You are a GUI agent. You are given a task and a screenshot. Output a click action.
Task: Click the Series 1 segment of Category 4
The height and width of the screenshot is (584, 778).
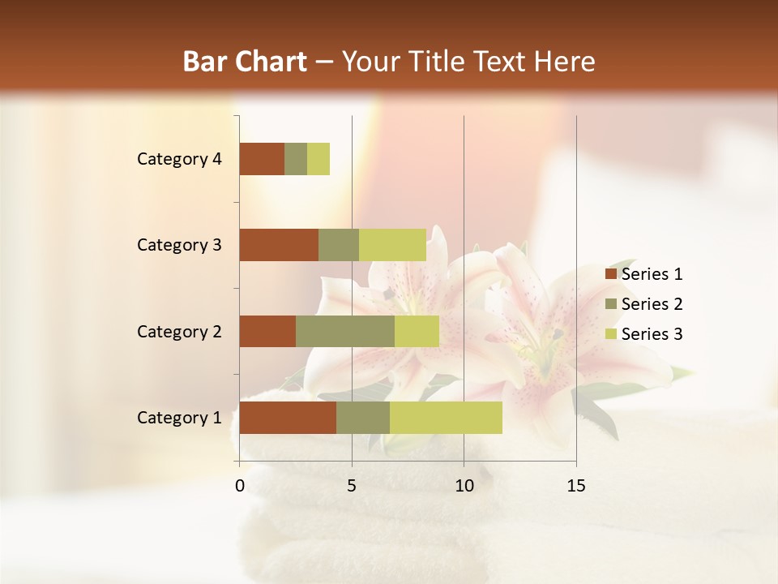[x=262, y=159]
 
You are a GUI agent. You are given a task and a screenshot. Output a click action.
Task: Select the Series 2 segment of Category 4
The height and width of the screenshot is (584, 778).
[x=296, y=159]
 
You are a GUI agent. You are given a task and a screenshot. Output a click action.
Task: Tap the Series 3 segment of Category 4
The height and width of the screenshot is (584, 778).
[x=318, y=159]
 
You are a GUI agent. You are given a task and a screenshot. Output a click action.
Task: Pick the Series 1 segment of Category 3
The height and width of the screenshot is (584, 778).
[x=279, y=245]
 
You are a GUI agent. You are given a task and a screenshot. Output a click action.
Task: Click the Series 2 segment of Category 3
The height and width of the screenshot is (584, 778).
[x=339, y=245]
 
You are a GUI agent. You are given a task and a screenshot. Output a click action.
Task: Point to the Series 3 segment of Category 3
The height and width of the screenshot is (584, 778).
[x=392, y=245]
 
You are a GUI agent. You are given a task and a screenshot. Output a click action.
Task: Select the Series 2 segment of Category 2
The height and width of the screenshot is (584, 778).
[x=345, y=331]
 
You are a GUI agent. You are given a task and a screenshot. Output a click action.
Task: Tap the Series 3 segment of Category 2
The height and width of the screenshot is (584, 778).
[x=417, y=331]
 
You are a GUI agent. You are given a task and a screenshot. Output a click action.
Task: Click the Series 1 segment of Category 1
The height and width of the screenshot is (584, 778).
[x=288, y=418]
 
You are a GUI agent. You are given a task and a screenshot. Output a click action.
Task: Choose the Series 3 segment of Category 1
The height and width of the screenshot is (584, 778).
[x=446, y=418]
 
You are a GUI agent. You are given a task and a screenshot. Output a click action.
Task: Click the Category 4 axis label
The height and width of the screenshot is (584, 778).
[x=179, y=159]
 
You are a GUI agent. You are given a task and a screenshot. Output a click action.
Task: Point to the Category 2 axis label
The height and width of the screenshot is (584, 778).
[x=179, y=332]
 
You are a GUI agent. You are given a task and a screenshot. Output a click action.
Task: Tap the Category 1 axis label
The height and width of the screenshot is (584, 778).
[x=179, y=418]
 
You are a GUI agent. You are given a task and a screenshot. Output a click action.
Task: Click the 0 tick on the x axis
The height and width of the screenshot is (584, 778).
[x=240, y=486]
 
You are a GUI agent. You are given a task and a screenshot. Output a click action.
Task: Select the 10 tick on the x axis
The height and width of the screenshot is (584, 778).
[x=464, y=486]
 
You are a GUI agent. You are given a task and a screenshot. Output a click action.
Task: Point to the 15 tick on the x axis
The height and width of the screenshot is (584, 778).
[x=576, y=486]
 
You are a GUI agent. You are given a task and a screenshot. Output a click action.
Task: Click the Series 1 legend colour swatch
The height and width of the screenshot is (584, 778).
[x=610, y=274]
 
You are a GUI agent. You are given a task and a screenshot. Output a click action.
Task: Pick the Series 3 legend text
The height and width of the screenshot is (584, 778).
[x=652, y=334]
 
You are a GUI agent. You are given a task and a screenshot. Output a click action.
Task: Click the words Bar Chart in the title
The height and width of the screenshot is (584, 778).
[x=245, y=62]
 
